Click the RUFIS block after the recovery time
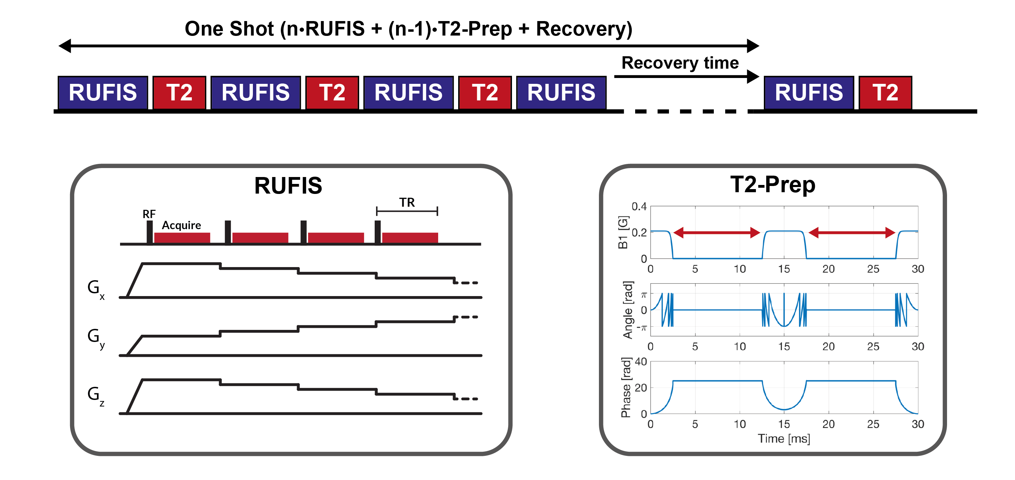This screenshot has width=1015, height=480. [x=809, y=92]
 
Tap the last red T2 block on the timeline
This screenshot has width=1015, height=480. [x=885, y=92]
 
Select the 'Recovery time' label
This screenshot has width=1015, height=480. [x=680, y=63]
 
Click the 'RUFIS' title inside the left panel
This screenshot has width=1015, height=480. [x=288, y=186]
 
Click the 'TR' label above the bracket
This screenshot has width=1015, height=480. [x=407, y=203]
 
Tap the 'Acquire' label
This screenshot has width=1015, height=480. [x=181, y=225]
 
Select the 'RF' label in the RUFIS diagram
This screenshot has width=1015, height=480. [x=149, y=214]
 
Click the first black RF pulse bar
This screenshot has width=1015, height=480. [x=150, y=232]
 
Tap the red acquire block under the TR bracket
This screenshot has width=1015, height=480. [x=410, y=238]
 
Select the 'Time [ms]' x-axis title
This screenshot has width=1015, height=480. [x=784, y=439]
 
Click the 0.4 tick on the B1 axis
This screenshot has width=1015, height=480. [x=639, y=206]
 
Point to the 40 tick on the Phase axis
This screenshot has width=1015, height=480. [x=641, y=362]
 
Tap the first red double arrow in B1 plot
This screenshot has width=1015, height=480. [x=716, y=233]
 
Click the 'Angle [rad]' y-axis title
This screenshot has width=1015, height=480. [x=628, y=310]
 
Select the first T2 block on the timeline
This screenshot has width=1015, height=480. [x=179, y=92]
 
